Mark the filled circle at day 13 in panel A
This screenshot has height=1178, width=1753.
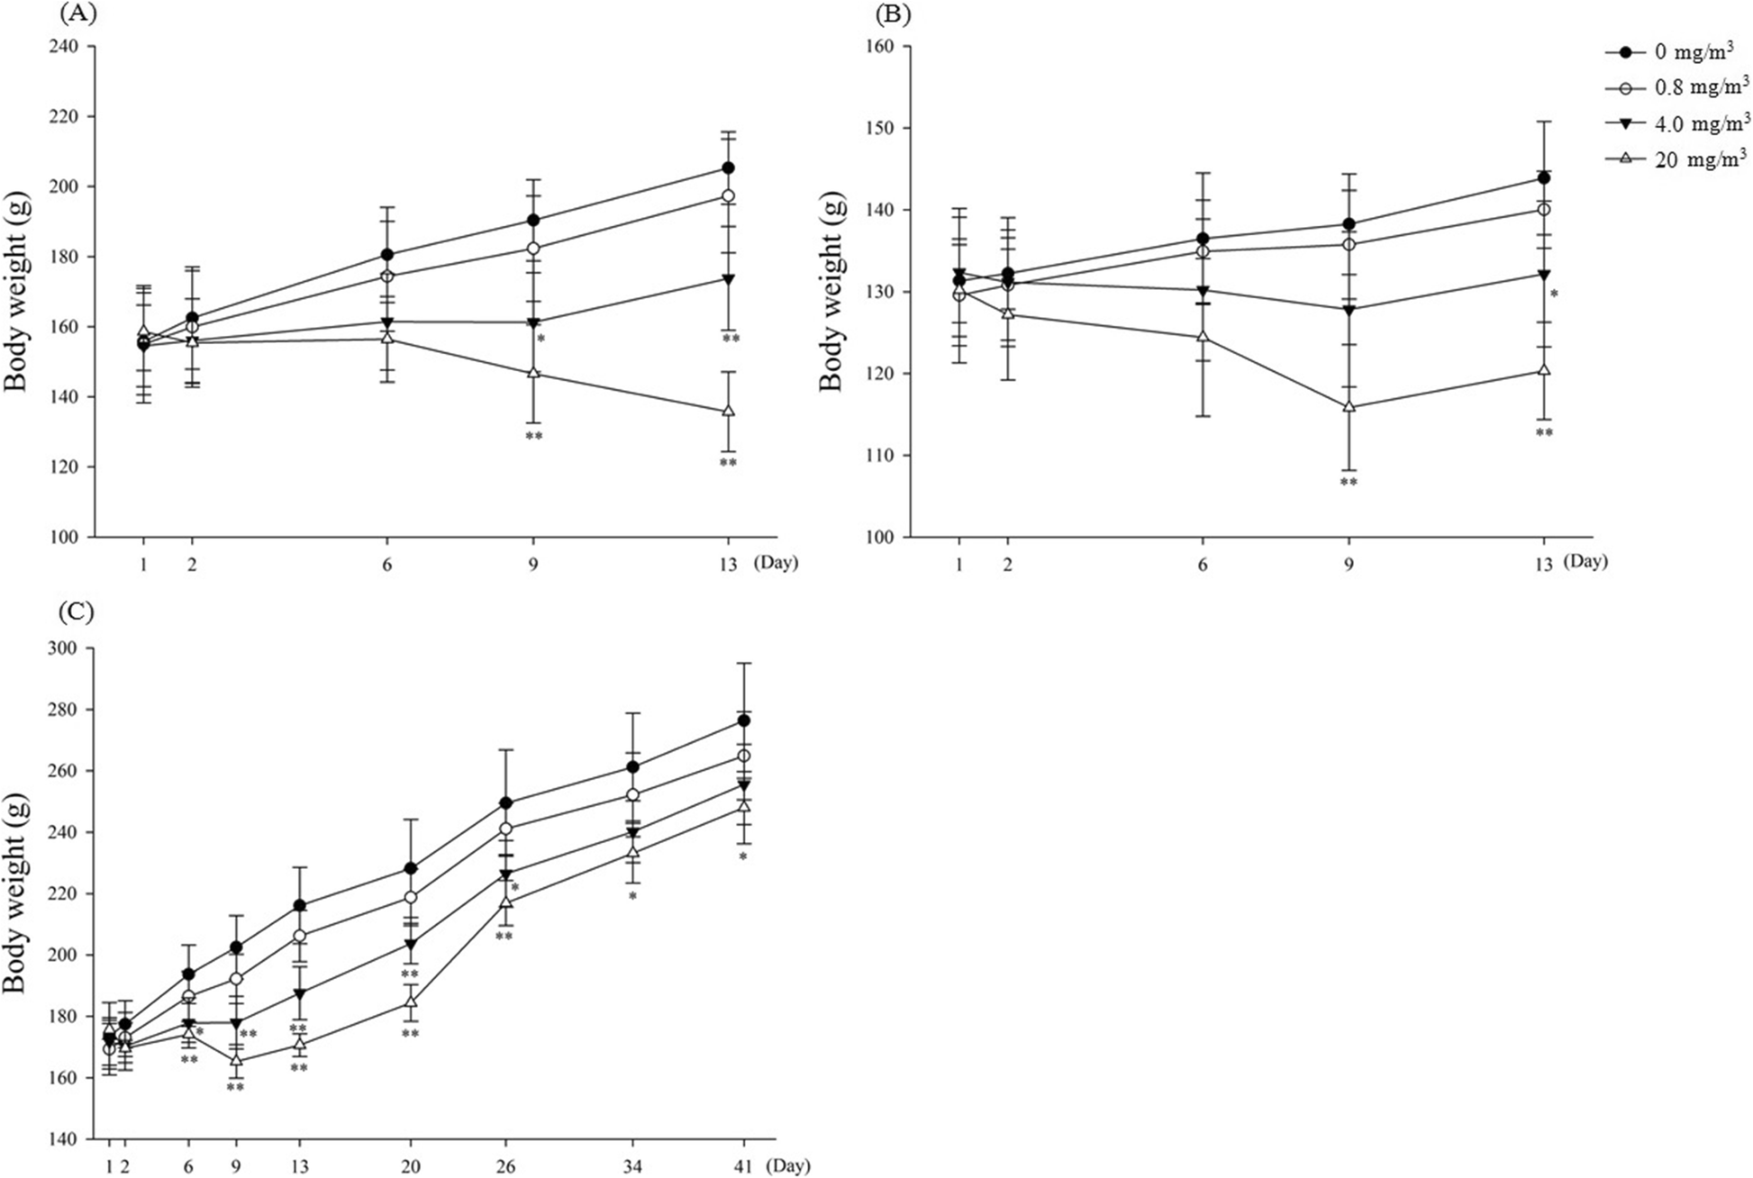(728, 168)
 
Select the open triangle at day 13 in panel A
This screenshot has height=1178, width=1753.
(728, 411)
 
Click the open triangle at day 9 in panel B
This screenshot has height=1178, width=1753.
(1349, 406)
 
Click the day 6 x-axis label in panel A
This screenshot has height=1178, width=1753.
(386, 565)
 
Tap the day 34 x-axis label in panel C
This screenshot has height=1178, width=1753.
(632, 1165)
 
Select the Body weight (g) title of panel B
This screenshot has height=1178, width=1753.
(832, 294)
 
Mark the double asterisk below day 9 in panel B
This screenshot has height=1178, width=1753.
(1349, 483)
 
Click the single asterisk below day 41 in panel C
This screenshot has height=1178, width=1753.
(743, 857)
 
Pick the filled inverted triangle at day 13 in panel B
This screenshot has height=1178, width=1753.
(1543, 275)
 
